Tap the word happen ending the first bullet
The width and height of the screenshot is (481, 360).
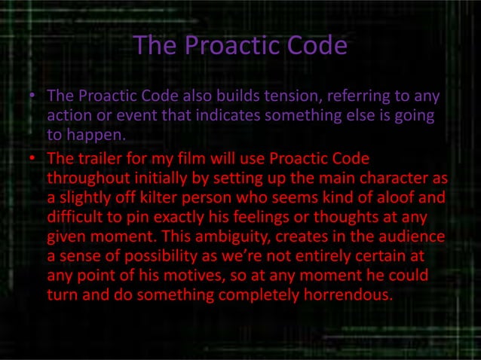(x=91, y=136)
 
